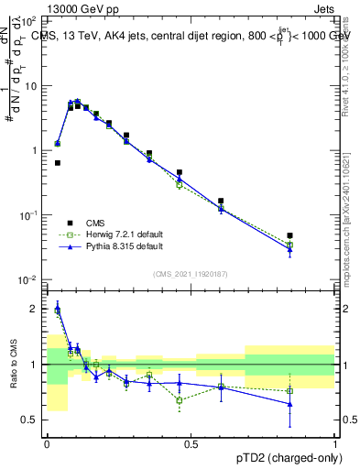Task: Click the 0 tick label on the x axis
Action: [47, 444]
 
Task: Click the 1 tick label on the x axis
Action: [335, 444]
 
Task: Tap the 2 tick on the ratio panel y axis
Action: [36, 309]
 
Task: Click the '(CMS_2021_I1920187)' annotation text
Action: [191, 272]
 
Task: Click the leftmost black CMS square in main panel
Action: [58, 163]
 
